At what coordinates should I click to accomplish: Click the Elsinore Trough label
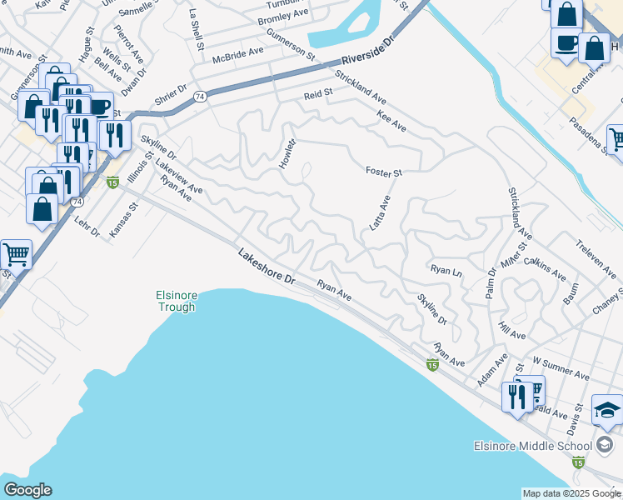click(x=176, y=301)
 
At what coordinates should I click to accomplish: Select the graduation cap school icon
click(x=606, y=410)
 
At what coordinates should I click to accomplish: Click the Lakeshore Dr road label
click(x=267, y=267)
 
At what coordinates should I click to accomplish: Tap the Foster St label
click(x=383, y=172)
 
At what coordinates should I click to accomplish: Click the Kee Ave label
click(x=391, y=121)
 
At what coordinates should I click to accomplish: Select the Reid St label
click(x=317, y=96)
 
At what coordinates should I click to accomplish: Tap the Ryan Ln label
click(x=446, y=270)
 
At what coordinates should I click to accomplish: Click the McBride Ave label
click(x=237, y=51)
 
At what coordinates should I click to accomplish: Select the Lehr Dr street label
click(x=87, y=225)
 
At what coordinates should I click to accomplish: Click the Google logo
click(x=27, y=490)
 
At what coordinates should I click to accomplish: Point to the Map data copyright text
click(x=571, y=493)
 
